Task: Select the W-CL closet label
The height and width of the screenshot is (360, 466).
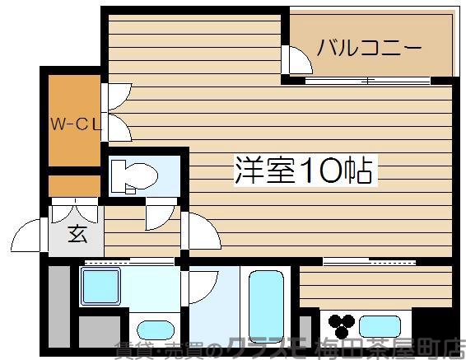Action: coord(73,125)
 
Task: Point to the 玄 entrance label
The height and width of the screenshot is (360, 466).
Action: coord(77,235)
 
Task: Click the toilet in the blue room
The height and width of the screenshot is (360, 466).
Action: coord(135,175)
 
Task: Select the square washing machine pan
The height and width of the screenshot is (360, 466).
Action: coord(100,287)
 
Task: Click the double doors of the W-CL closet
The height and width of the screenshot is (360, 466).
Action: coord(114,111)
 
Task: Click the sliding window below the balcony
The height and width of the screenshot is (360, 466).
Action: coord(366,80)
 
